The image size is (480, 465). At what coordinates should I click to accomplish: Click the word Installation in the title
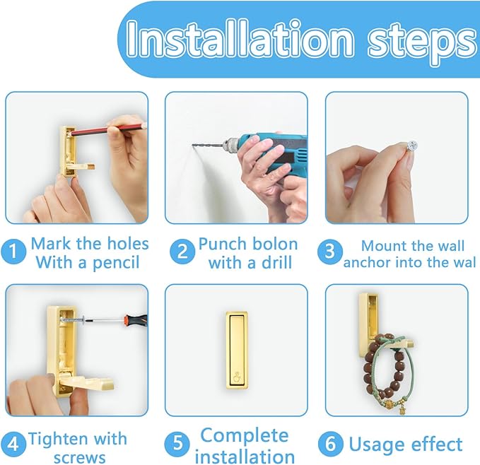point(240,39)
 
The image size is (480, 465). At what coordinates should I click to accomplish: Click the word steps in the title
point(423,43)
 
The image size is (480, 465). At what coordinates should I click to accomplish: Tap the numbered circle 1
point(13,252)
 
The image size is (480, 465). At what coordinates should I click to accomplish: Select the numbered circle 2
point(182,252)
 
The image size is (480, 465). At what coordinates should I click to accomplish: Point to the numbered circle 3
point(329,252)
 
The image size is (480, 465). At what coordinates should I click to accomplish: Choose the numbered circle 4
point(13,444)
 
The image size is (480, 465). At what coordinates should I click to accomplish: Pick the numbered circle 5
point(177,444)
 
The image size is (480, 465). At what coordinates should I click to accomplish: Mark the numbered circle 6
point(331,444)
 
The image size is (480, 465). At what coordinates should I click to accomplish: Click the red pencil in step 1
point(107,129)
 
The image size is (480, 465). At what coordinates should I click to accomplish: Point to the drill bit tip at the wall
point(193,145)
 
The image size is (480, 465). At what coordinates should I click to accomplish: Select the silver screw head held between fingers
point(411,145)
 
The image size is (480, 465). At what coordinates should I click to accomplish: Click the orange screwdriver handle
point(135,320)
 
